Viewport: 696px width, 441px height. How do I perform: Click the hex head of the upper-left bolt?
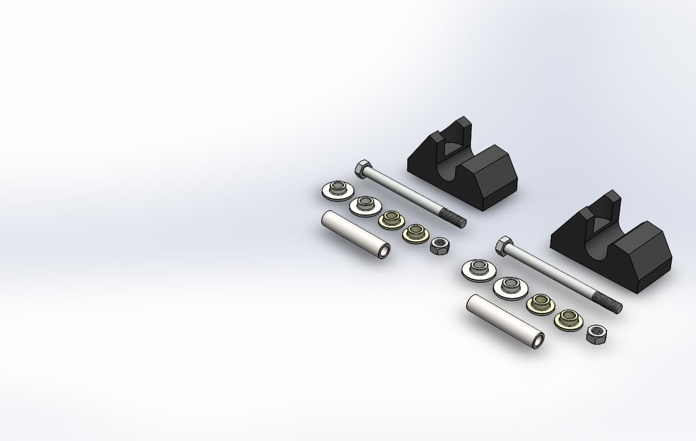click(362, 168)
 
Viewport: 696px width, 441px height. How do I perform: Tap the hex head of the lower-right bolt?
click(503, 246)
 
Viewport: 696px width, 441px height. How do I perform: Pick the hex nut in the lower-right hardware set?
click(596, 334)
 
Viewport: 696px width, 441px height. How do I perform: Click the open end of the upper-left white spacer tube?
click(383, 251)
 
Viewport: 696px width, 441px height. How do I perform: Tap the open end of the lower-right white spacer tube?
click(537, 340)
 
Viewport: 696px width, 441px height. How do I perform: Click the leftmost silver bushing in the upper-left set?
click(338, 190)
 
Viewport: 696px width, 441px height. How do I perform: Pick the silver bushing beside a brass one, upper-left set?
click(365, 205)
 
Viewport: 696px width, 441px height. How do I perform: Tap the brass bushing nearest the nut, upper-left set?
click(415, 233)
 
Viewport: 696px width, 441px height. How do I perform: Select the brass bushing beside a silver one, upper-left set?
click(391, 219)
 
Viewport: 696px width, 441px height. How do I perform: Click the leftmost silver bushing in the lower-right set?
click(479, 270)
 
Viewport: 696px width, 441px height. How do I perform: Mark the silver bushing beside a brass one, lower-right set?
click(511, 287)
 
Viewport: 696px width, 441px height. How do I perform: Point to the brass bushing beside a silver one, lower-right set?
click(540, 304)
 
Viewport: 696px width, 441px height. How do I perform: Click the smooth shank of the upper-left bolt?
click(408, 192)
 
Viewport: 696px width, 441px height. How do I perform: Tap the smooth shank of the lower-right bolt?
click(554, 273)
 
